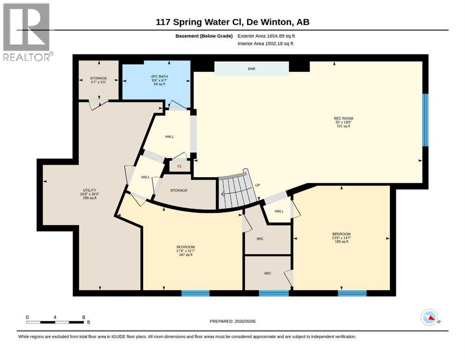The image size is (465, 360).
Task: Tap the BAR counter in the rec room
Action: click(x=251, y=69)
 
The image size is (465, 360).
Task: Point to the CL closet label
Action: click(x=180, y=166)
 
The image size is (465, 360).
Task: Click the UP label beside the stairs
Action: click(x=258, y=185)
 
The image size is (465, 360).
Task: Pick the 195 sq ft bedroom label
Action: click(x=341, y=238)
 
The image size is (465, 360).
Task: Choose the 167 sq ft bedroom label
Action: click(x=185, y=251)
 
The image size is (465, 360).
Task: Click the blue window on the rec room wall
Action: click(x=425, y=120)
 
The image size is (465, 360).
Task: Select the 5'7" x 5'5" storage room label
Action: click(x=98, y=80)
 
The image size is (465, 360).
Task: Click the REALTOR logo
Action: click(x=27, y=32)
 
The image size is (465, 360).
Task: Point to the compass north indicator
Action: click(x=430, y=317)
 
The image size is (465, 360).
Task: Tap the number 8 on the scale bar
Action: click(x=84, y=317)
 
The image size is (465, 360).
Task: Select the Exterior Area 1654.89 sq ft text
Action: click(x=266, y=36)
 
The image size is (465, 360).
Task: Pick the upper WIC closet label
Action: click(x=260, y=239)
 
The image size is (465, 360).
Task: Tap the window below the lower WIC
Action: click(x=274, y=293)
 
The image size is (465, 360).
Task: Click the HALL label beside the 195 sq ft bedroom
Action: click(x=279, y=211)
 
